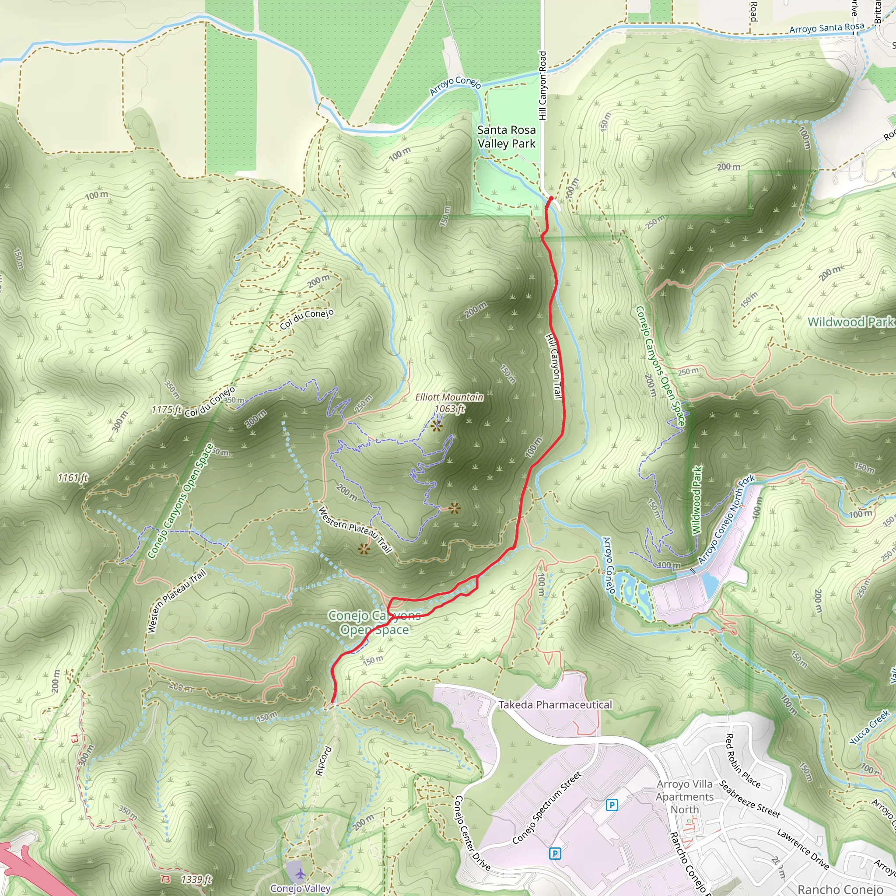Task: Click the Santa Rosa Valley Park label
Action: pos(507,137)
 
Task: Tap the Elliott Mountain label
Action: pos(449,397)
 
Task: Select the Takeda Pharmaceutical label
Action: pos(555,704)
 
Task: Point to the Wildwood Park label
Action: pos(850,322)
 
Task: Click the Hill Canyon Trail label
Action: pos(554,366)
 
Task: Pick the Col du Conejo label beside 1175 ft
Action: pos(210,402)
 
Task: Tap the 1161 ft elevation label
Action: pos(73,478)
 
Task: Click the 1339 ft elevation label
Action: pos(196,879)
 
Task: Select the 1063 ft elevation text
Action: pos(449,409)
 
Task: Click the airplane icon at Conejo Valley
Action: pos(301,874)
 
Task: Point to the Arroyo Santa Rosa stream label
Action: pos(827,28)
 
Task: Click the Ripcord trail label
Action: pos(323,760)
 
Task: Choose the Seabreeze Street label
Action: pos(749,799)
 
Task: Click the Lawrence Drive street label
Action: pos(803,848)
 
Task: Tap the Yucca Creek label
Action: pos(869,727)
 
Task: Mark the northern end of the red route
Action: pos(551,199)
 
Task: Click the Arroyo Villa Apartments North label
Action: pos(685,796)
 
